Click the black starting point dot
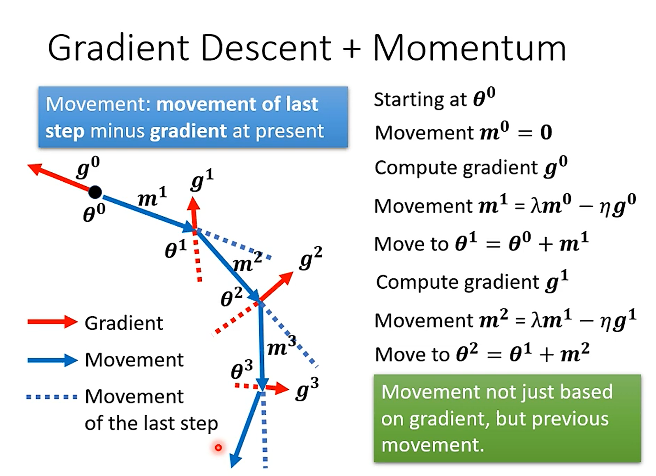(95, 192)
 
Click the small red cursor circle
(218, 448)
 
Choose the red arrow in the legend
(52, 322)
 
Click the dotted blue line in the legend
(52, 397)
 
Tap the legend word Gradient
(124, 323)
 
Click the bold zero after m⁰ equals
(546, 132)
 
